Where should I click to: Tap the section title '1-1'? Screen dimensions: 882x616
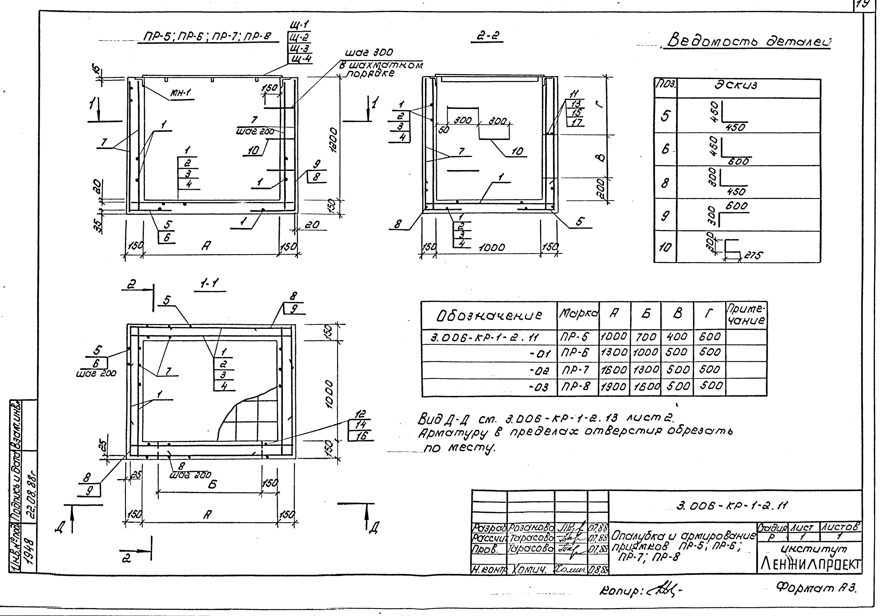point(209,284)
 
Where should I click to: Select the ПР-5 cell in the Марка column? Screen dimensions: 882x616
point(575,337)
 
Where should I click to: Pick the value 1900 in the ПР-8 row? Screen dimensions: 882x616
point(614,387)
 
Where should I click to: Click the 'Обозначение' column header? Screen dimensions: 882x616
point(489,315)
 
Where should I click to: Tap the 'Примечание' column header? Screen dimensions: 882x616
point(746,315)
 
